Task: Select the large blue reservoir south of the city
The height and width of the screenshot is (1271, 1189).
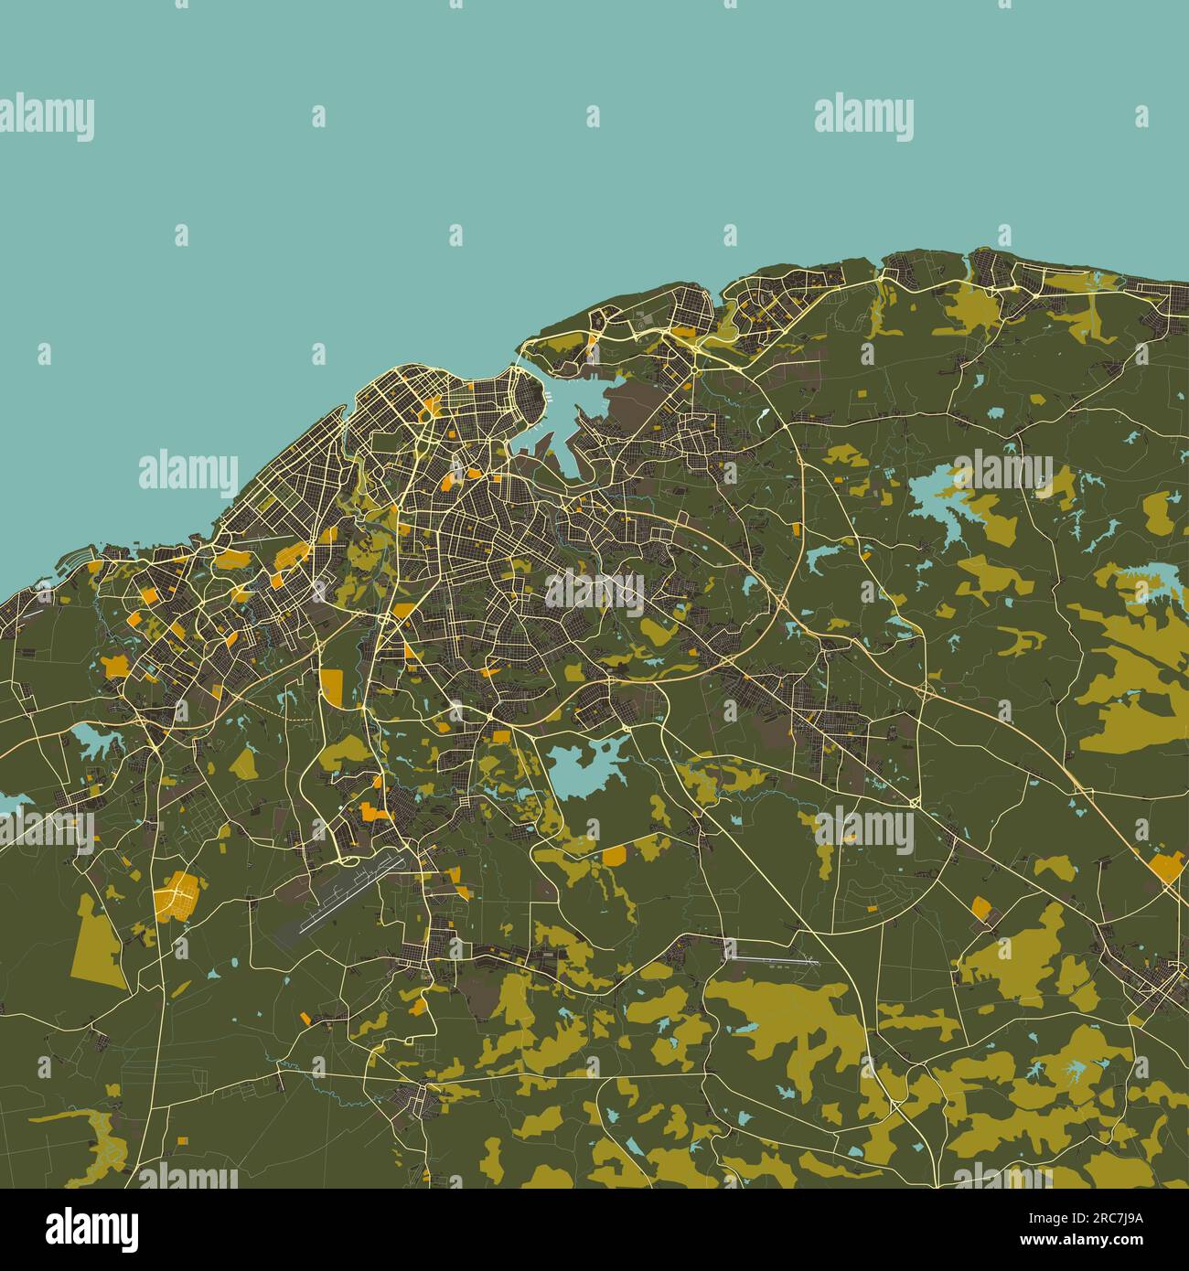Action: coord(586,766)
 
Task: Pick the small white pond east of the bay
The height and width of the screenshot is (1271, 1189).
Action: coord(761,414)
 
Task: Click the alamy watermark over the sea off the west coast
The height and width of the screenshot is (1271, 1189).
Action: coord(187,472)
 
